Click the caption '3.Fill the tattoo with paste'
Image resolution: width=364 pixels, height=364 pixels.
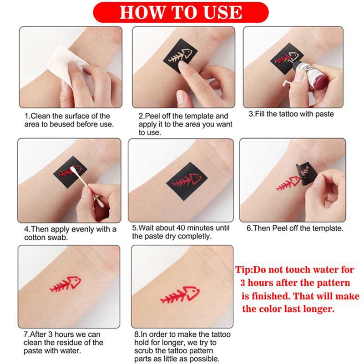[x=291, y=114]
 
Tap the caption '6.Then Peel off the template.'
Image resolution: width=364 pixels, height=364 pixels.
[x=295, y=228]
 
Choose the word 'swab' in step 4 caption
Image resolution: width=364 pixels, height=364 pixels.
[x=63, y=237]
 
